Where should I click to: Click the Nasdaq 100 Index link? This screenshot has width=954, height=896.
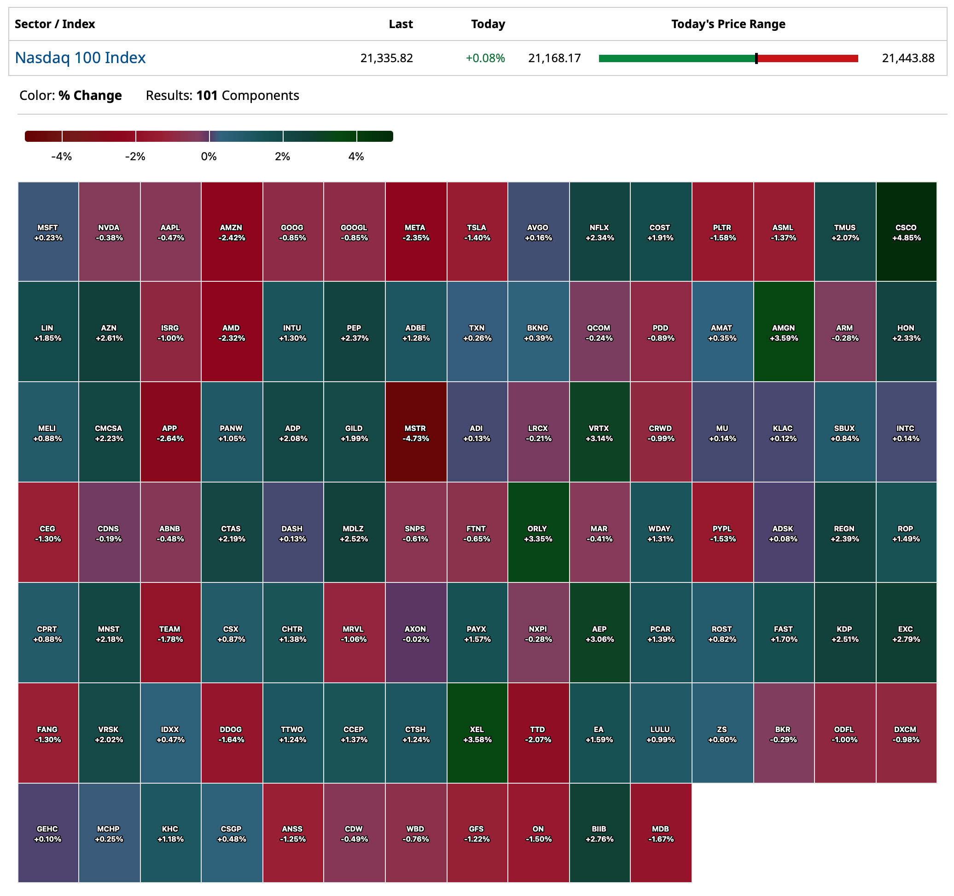coord(80,58)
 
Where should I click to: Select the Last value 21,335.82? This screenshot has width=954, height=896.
coord(386,58)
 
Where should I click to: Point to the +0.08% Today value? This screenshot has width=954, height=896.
coord(485,58)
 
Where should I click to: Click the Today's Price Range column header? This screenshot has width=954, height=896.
coord(728,24)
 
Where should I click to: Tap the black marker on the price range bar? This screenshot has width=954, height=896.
coord(756,58)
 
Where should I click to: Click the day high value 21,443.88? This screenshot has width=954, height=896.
coord(908,58)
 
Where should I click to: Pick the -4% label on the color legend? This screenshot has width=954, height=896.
coord(61,157)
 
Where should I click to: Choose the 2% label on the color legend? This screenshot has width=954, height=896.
coord(282,157)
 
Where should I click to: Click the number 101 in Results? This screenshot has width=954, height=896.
coord(207,95)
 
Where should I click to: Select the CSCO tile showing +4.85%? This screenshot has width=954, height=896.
coord(906,232)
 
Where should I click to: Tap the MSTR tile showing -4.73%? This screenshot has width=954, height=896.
coord(416,432)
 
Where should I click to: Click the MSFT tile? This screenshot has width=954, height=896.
coord(48,232)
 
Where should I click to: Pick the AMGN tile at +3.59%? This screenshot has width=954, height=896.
coord(784,332)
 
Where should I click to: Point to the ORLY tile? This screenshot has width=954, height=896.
coord(538,533)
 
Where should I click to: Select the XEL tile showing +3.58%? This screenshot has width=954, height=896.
coord(477,733)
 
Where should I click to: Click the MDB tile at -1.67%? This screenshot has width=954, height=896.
coord(661,833)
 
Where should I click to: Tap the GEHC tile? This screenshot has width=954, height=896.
coord(48,833)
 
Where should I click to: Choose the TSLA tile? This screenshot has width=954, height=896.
coord(477,232)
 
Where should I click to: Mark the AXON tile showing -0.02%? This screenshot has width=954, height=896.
coord(416,633)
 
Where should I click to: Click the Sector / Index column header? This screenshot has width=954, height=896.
coord(55,24)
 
